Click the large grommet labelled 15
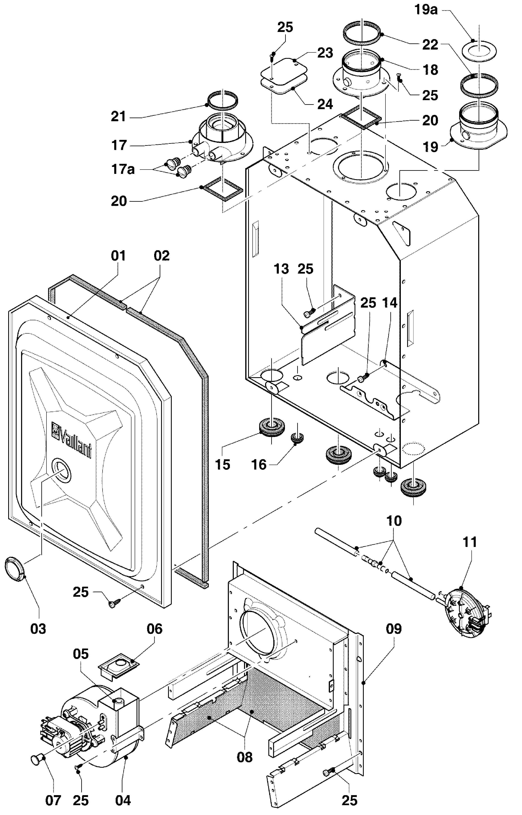click(271, 428)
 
